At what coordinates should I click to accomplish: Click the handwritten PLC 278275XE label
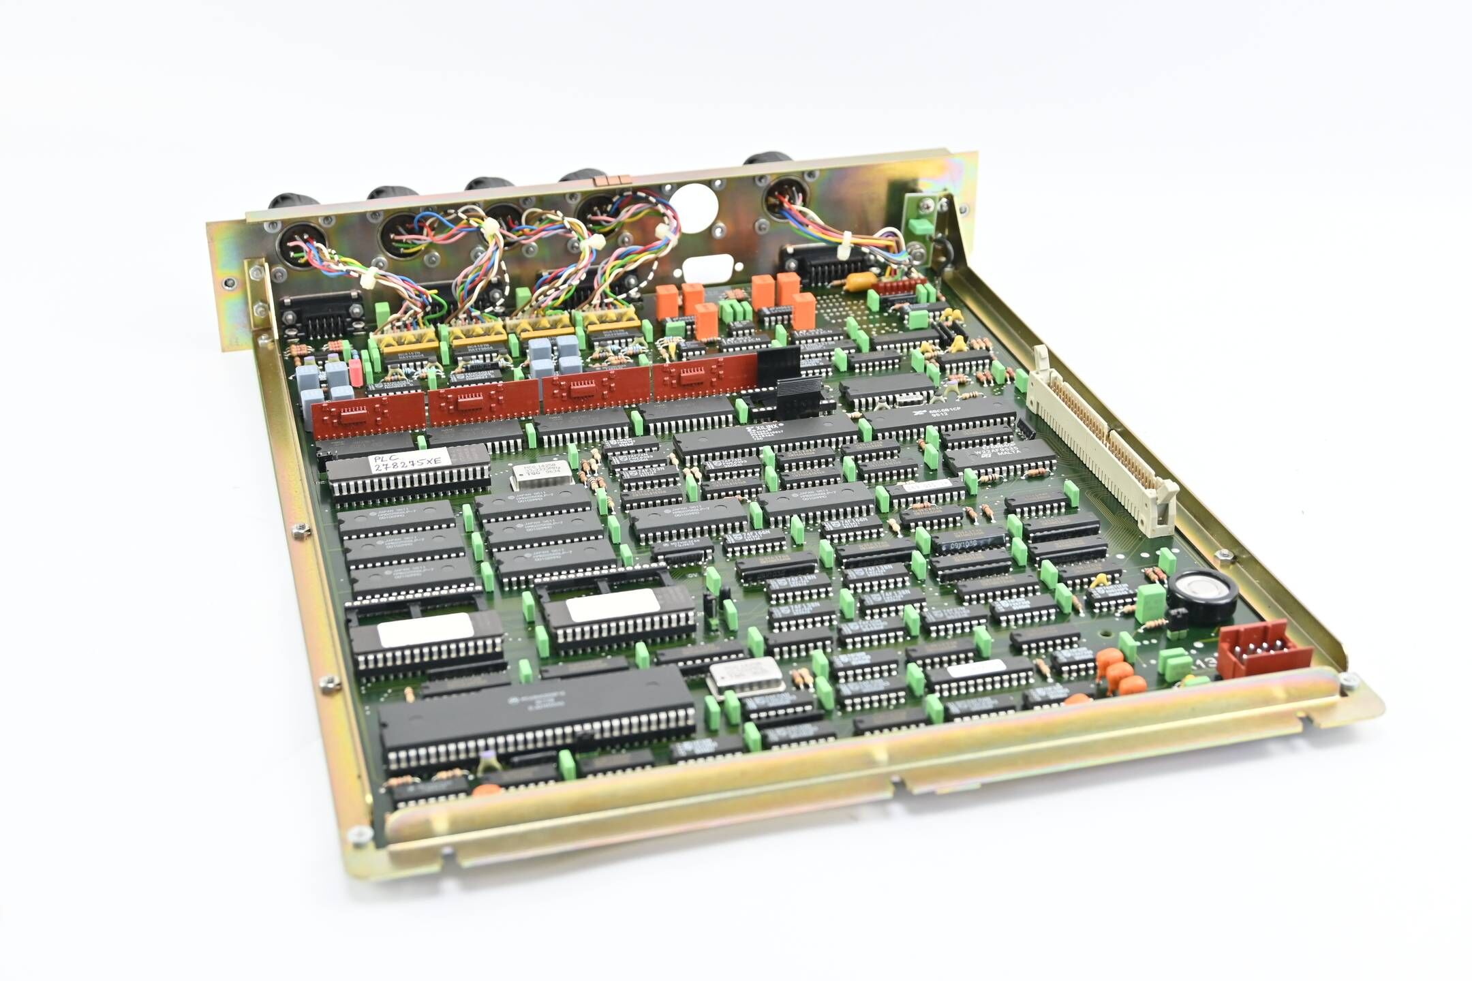click(x=408, y=461)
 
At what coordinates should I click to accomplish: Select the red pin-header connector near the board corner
click(x=1264, y=649)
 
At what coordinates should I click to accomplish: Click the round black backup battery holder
click(x=1201, y=596)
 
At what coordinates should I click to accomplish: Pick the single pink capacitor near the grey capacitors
click(x=355, y=373)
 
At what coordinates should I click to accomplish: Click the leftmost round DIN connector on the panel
click(x=302, y=243)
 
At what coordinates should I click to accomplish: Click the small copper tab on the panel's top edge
click(x=609, y=180)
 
